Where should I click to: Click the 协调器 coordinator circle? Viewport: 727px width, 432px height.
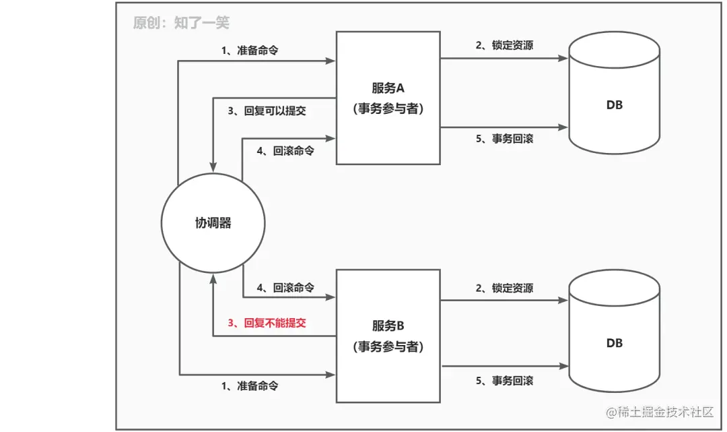click(213, 222)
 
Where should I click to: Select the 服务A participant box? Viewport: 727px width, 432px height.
click(388, 97)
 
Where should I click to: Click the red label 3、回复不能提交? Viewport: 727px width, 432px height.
click(267, 323)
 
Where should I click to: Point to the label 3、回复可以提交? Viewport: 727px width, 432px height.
click(267, 111)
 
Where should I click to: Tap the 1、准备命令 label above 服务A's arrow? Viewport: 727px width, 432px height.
click(250, 51)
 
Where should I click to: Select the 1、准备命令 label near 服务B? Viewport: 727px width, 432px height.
click(250, 386)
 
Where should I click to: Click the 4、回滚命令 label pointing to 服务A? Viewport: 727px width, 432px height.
click(285, 151)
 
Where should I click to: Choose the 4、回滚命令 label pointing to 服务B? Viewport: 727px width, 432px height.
click(285, 287)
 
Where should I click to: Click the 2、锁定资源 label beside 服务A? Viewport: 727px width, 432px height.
click(504, 45)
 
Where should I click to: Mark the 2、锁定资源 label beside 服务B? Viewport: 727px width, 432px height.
click(504, 288)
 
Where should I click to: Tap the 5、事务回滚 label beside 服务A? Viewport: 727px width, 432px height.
click(504, 138)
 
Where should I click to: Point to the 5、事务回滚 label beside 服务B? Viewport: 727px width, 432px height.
click(504, 381)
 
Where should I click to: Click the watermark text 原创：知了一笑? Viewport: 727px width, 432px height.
click(181, 23)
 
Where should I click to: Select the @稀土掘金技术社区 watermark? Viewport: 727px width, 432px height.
click(659, 411)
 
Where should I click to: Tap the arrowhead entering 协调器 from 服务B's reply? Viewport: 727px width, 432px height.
click(213, 278)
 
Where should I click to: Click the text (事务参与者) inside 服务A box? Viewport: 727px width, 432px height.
click(388, 109)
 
